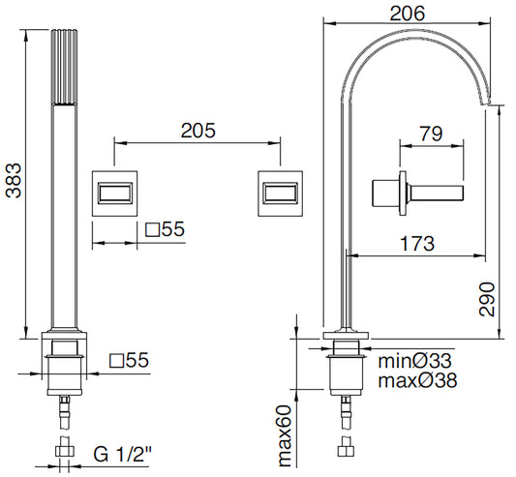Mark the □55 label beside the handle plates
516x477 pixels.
pos(165,231)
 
